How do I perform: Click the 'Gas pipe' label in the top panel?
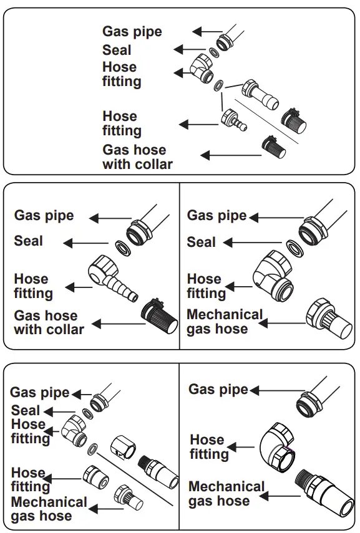(x=132, y=32)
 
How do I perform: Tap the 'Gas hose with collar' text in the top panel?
(x=137, y=157)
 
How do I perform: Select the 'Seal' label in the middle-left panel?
(x=29, y=241)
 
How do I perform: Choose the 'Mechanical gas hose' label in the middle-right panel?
(x=225, y=321)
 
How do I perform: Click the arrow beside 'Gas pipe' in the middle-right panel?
(x=275, y=218)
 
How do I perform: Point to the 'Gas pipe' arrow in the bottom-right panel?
(x=273, y=391)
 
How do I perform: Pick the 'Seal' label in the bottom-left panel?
(x=26, y=410)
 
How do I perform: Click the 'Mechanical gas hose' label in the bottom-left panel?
(x=49, y=509)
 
